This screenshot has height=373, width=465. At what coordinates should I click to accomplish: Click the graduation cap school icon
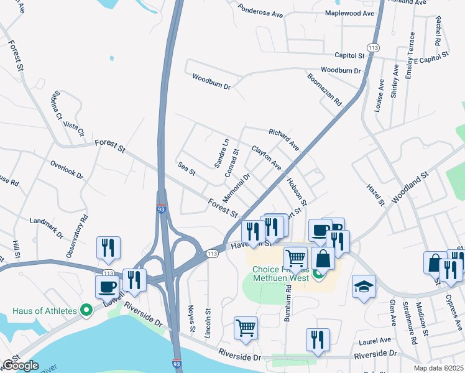364,287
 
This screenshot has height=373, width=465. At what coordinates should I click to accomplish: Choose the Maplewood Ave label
349,12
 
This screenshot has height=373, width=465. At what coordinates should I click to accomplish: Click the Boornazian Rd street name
325,89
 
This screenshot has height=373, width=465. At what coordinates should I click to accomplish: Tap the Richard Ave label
284,140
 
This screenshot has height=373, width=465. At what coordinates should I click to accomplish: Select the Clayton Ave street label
266,158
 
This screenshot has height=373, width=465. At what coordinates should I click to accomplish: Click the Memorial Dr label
236,186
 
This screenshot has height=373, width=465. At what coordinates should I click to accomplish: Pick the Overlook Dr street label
67,170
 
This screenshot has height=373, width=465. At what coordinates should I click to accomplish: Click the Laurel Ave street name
375,341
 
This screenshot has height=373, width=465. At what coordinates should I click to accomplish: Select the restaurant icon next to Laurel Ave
318,339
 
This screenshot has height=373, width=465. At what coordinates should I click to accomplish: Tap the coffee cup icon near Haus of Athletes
107,286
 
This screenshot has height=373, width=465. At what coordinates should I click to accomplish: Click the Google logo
21,366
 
